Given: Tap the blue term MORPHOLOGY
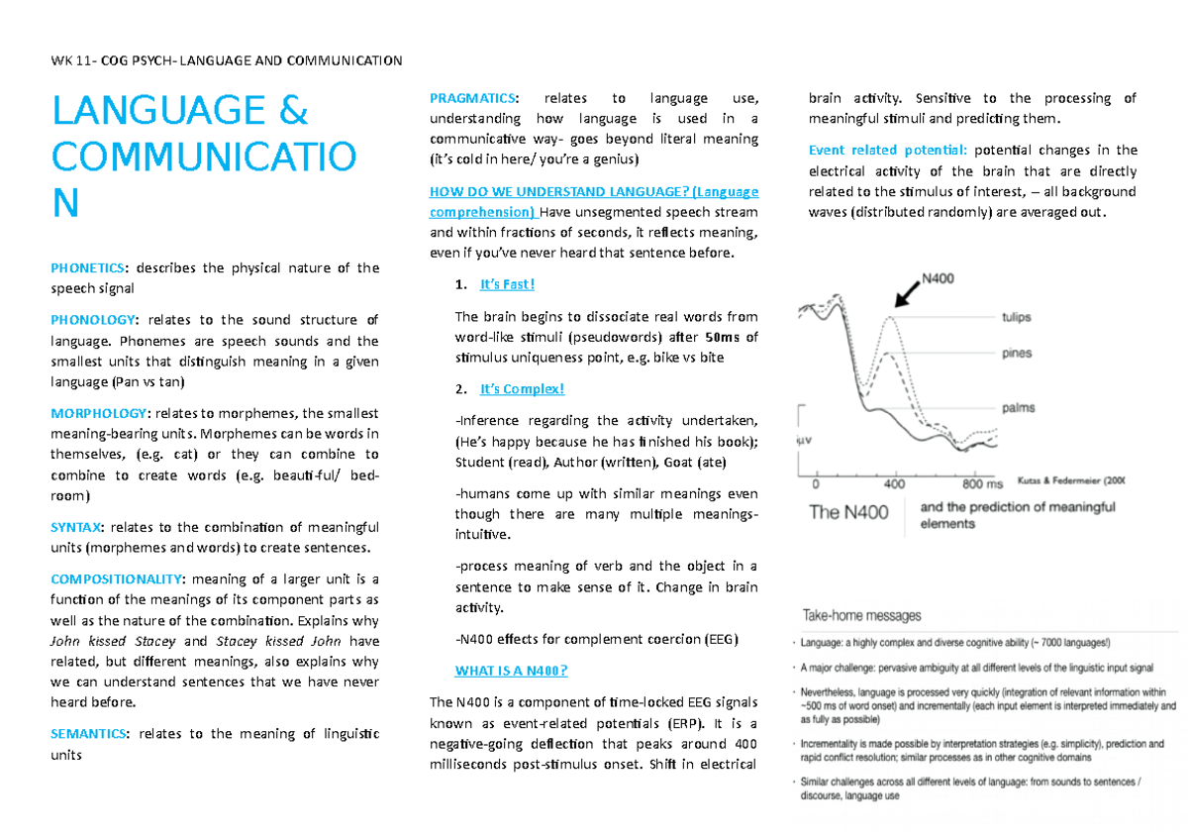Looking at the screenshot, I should pos(97,413).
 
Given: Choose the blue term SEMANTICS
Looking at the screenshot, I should pos(88,734).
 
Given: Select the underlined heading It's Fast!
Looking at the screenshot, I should pos(507,285).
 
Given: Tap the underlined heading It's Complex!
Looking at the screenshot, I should pos(522,388).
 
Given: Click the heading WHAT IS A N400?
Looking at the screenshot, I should pos(511,671).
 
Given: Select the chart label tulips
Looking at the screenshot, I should pos(1016,318).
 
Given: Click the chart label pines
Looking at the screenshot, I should pos(1016,354).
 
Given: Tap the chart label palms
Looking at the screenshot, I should pos(1018,407).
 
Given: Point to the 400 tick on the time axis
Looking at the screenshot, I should pos(894,485).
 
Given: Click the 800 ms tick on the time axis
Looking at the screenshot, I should pos(981,485).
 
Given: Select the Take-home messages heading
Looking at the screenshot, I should pos(861,616).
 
